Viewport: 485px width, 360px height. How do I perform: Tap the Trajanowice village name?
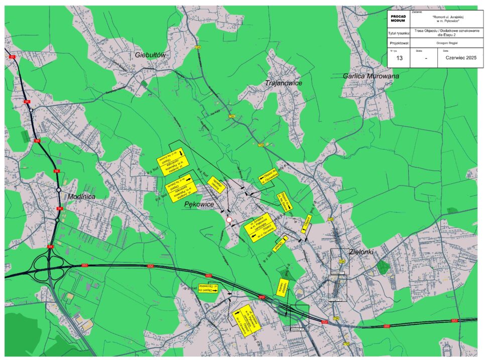(283, 83)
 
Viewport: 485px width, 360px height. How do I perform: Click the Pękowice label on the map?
(199, 204)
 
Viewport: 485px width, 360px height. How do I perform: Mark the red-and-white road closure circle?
(229, 220)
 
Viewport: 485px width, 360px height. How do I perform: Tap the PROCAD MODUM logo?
(398, 18)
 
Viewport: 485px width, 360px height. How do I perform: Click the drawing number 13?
(400, 58)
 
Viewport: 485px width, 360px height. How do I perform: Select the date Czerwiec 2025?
(460, 58)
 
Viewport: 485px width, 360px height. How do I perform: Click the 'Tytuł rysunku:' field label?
(399, 33)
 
